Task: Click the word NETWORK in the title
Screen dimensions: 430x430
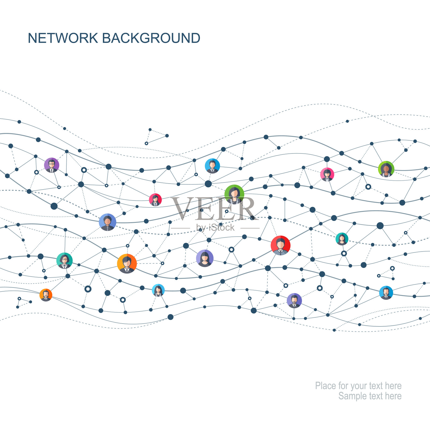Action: [63, 38]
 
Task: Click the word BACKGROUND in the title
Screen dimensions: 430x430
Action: [151, 38]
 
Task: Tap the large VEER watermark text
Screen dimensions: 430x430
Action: [214, 209]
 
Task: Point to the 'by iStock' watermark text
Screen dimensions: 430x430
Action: [215, 228]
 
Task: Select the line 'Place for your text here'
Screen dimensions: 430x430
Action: [358, 386]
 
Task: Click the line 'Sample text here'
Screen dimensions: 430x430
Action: [370, 396]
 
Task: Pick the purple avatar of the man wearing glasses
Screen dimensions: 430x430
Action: [52, 165]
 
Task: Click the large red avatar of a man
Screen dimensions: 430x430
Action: [281, 245]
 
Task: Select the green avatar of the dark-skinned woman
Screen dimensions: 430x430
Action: [386, 169]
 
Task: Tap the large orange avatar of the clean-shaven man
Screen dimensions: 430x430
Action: [127, 264]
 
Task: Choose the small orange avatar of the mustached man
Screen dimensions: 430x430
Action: [46, 295]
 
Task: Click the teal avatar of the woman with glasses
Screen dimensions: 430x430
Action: [64, 261]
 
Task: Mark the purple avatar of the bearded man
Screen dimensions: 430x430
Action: [294, 300]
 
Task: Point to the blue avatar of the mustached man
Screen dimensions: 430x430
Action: [386, 293]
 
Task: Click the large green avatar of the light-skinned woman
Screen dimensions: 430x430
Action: [234, 194]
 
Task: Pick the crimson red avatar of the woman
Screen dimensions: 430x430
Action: [155, 200]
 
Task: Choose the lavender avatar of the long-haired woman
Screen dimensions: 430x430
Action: [205, 258]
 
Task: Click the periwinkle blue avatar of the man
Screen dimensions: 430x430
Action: [107, 222]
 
